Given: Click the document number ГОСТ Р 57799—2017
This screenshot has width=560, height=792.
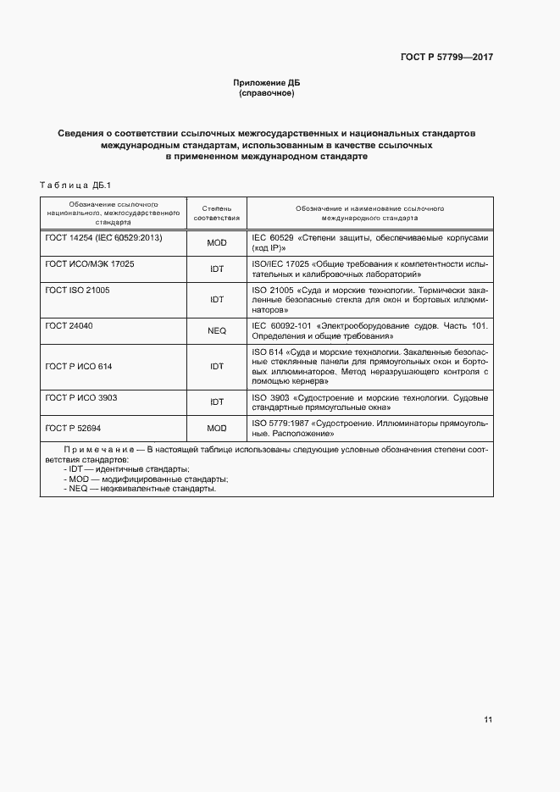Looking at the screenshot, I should [x=446, y=57].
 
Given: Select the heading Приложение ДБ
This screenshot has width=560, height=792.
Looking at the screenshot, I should [x=267, y=82].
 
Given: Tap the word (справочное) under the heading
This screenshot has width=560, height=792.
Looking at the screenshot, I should [x=267, y=92].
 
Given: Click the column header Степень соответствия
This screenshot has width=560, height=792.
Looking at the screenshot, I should [x=217, y=212].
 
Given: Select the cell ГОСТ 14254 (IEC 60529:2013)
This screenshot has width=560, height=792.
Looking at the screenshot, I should [x=103, y=238].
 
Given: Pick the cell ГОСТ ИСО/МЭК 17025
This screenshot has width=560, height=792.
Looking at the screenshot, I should [x=90, y=264].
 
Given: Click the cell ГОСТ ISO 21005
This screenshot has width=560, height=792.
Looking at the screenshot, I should [x=77, y=290].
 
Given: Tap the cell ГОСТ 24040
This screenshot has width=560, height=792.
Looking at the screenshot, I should [x=69, y=324].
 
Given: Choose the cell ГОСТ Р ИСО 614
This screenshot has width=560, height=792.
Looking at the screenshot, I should [x=79, y=367].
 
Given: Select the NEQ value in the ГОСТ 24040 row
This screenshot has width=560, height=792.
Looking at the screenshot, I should [x=217, y=331].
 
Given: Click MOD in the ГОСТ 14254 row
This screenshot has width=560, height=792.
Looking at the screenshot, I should [x=217, y=243].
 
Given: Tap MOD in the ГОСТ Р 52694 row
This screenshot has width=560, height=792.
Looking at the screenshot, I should [x=217, y=428].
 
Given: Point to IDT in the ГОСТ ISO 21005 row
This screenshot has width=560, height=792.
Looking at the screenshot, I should [x=217, y=299].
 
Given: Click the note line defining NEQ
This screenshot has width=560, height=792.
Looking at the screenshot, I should [x=140, y=489].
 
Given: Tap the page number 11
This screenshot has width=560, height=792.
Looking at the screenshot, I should [x=488, y=720].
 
